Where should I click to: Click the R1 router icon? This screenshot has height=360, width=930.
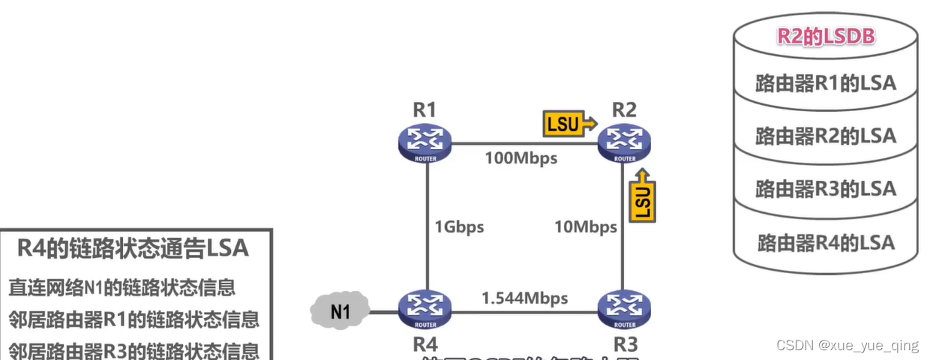click(x=424, y=142)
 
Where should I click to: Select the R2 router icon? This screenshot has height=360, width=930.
click(x=624, y=142)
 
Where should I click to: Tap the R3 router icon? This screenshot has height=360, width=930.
click(x=624, y=308)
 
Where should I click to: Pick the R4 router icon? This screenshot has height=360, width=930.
click(x=424, y=308)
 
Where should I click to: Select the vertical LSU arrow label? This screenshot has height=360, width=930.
click(x=643, y=196)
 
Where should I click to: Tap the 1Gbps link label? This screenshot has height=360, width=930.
click(x=459, y=226)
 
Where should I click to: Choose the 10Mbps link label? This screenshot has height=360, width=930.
click(x=586, y=226)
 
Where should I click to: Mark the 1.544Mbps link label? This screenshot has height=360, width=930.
click(x=524, y=298)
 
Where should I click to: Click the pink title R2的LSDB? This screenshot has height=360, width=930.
click(x=825, y=36)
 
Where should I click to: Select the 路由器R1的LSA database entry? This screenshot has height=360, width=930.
click(x=825, y=82)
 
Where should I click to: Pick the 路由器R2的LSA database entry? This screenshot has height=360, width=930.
click(x=825, y=135)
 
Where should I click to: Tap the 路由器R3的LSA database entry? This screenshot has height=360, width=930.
click(x=825, y=188)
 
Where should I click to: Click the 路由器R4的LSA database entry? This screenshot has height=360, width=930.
click(x=825, y=242)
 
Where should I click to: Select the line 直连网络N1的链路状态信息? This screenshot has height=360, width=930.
click(x=122, y=287)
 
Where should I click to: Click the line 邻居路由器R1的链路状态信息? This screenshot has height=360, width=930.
click(x=133, y=319)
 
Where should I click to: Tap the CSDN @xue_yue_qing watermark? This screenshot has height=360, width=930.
click(x=847, y=345)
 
